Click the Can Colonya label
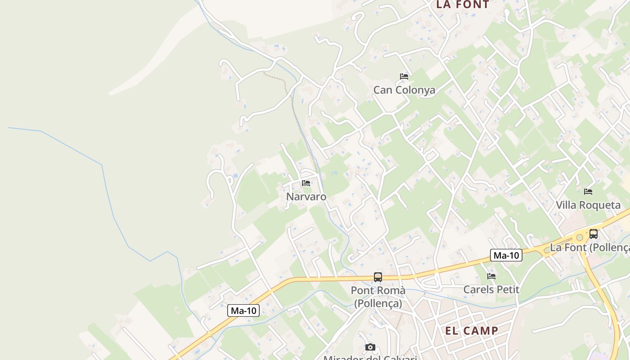(404, 90)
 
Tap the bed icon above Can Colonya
(404, 76)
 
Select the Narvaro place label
(306, 197)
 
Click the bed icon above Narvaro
(306, 183)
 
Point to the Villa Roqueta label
(588, 205)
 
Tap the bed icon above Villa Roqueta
(588, 192)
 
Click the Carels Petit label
(491, 289)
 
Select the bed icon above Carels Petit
(491, 276)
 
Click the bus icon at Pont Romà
(378, 277)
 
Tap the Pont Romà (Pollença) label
(378, 297)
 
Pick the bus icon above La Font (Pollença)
(594, 234)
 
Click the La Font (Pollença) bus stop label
(589, 247)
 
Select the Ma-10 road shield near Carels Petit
(506, 256)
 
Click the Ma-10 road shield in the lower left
(243, 310)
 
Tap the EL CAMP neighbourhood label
(472, 331)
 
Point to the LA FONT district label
(463, 5)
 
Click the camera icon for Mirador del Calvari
(370, 347)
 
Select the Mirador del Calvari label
(370, 358)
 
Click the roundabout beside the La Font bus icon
(580, 237)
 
